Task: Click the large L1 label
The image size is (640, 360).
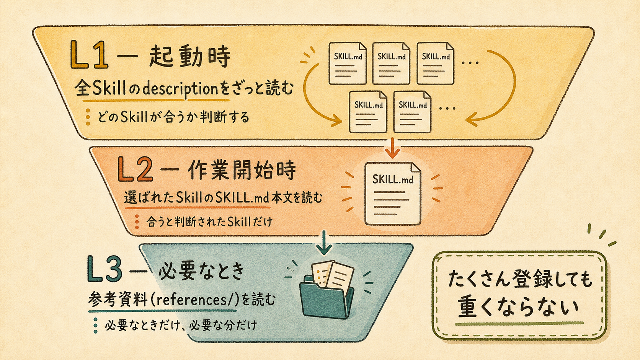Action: pyautogui.click(x=89, y=55)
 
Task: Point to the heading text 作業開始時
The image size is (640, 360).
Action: pyautogui.click(x=242, y=171)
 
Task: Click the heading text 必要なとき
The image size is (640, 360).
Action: pyautogui.click(x=201, y=271)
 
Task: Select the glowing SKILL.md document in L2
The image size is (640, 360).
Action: pyautogui.click(x=393, y=194)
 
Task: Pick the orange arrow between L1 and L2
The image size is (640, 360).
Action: pyautogui.click(x=393, y=148)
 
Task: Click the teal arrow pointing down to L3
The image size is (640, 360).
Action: pyautogui.click(x=324, y=243)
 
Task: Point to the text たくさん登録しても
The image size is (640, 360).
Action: pyautogui.click(x=520, y=279)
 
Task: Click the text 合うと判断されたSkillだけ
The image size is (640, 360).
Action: pyautogui.click(x=209, y=222)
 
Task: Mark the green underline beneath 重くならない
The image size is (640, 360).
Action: pyautogui.click(x=519, y=324)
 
